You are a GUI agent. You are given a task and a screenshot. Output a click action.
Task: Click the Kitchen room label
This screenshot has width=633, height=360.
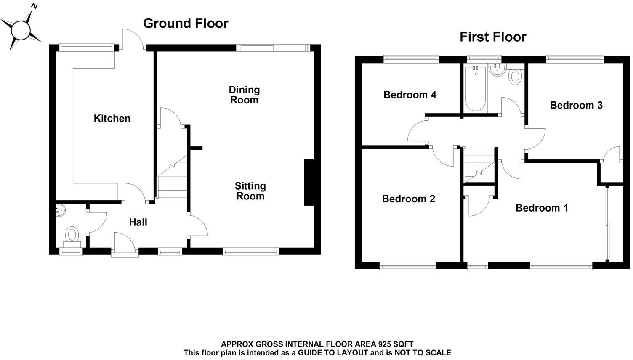tap(112, 119)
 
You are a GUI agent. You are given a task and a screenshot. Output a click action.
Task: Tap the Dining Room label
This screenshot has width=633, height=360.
tap(244, 95)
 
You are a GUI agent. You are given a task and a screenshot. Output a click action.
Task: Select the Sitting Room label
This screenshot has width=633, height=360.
tap(250, 191)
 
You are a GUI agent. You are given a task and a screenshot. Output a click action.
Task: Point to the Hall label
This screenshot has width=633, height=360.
tap(138, 222)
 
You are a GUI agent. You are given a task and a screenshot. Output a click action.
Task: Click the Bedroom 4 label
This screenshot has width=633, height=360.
tap(410, 95)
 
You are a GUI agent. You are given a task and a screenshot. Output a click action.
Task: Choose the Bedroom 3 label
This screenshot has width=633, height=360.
tap(576, 105)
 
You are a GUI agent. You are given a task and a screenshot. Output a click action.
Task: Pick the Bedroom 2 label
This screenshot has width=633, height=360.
tap(408, 199)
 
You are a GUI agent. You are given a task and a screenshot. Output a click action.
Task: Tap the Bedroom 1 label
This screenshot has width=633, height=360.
tap(542, 208)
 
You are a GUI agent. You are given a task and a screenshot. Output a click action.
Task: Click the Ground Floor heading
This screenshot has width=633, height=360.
tap(186, 23)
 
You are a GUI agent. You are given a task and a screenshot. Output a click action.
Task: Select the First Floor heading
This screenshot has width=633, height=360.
tap(492, 37)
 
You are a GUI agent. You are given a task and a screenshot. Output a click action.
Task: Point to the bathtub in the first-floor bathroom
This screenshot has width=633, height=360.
tap(476, 88)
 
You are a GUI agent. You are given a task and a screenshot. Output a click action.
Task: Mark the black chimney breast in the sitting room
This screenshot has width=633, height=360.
tap(309, 183)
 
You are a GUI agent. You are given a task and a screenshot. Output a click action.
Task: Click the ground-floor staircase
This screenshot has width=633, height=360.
tap(171, 181)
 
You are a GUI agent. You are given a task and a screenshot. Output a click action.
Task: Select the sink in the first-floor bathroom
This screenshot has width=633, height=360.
tap(497, 70)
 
